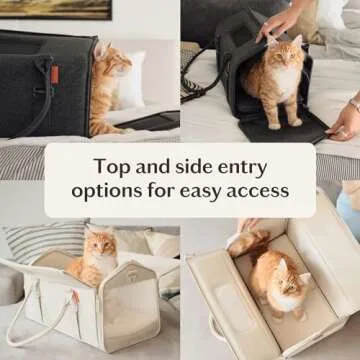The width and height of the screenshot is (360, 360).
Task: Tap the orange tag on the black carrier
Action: (x=55, y=74)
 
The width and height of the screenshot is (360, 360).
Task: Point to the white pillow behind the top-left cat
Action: (x=131, y=80)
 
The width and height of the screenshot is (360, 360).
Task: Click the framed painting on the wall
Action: (x=56, y=9)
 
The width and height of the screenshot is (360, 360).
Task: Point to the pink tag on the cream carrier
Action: (x=75, y=296)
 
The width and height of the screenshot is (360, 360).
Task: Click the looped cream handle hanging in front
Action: (x=37, y=317)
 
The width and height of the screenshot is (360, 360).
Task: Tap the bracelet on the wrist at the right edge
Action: (x=355, y=104)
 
